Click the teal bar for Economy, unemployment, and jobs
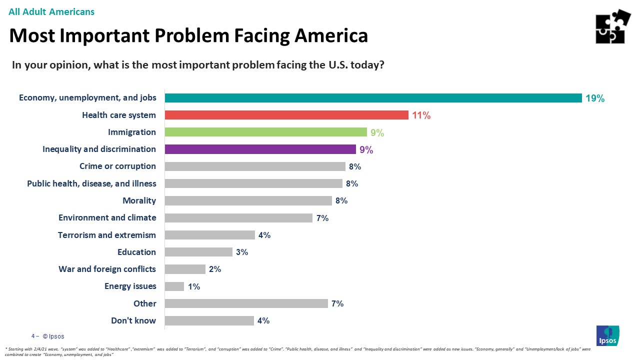click(373, 98)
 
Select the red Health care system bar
click(286, 115)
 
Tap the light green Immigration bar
click(266, 132)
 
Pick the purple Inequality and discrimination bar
click(260, 149)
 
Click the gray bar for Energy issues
click(174, 286)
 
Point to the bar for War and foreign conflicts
click(185, 269)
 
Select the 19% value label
click(595, 98)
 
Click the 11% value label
click(421, 115)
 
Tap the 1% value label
click(194, 287)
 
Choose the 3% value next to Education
click(242, 252)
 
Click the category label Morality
click(139, 200)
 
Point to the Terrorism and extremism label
click(107, 235)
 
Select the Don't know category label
click(133, 320)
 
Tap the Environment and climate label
click(107, 217)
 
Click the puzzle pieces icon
click(613, 26)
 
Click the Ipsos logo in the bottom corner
click(607, 335)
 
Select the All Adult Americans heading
click(51, 11)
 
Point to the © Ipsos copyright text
click(53, 336)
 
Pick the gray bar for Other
click(246, 303)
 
